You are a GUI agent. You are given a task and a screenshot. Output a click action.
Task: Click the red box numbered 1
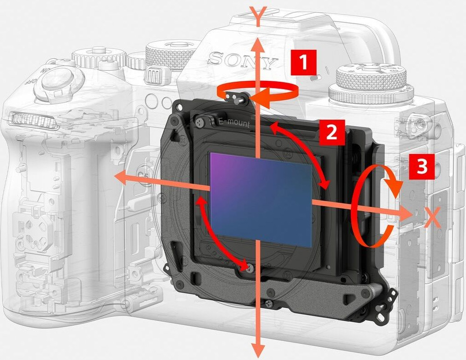[303, 63]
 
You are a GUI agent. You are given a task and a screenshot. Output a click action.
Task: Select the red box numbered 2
[332, 132]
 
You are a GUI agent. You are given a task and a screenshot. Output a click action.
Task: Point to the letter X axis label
[432, 217]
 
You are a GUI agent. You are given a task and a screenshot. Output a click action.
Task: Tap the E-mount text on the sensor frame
[234, 122]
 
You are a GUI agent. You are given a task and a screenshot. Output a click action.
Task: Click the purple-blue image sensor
[261, 200]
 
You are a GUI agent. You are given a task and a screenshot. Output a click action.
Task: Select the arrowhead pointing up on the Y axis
[258, 45]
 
